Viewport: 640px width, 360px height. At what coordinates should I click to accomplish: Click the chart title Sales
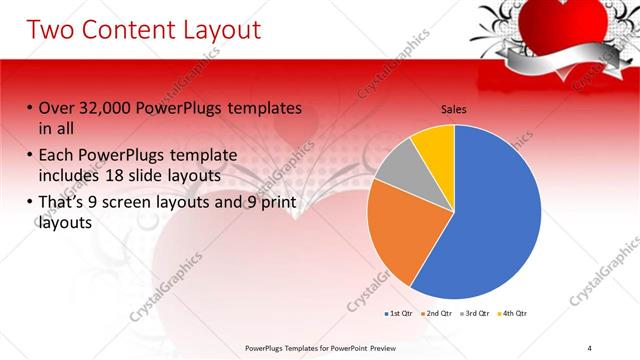tap(454, 110)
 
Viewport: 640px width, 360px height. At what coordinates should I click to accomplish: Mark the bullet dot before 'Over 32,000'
tap(30, 108)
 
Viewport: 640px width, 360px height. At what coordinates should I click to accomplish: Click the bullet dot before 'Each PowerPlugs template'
tap(30, 156)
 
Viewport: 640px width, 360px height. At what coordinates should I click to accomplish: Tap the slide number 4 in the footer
tap(590, 348)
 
